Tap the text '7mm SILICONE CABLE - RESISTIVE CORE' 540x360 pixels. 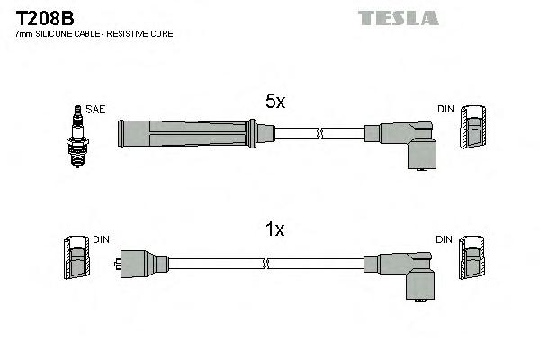[94, 34]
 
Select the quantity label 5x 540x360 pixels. [274, 103]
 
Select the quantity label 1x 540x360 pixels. [274, 230]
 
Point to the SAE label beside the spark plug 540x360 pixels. [96, 110]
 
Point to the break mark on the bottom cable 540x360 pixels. [266, 264]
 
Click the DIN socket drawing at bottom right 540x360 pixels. [472, 261]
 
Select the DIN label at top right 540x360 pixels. [445, 110]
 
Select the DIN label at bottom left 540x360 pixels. [101, 239]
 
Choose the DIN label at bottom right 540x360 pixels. [445, 239]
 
